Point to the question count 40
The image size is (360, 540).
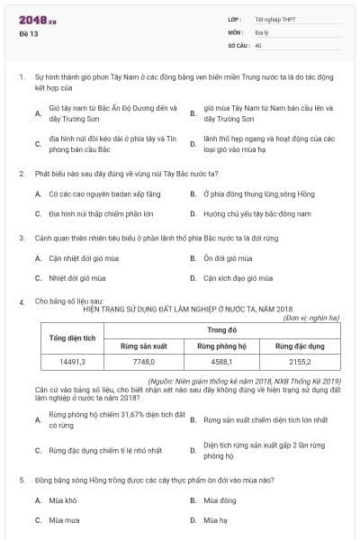258,44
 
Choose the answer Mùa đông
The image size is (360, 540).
218,499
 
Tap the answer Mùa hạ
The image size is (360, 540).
215,520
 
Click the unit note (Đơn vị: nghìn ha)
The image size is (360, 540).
311,318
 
